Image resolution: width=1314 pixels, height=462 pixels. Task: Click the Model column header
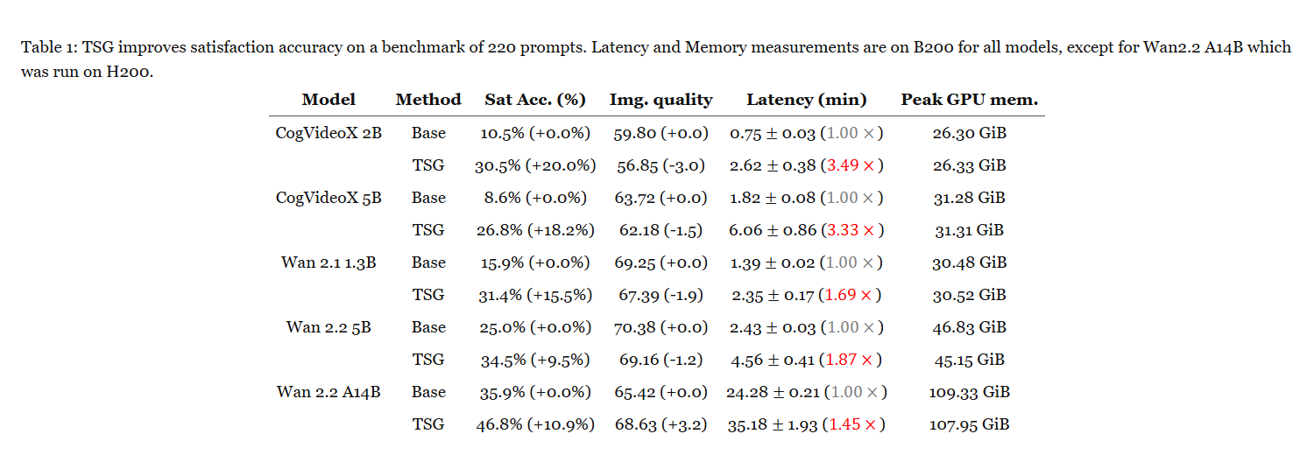328,100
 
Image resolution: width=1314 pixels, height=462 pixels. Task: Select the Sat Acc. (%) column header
535,100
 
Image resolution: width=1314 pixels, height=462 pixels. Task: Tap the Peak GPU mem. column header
969,100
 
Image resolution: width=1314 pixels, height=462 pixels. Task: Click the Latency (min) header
806,100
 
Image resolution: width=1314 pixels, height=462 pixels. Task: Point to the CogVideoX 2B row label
328,133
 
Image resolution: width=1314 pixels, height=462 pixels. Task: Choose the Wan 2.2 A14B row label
328,392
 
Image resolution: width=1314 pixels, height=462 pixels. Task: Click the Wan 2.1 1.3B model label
328,262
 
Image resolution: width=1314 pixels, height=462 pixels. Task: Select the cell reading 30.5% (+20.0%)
535,166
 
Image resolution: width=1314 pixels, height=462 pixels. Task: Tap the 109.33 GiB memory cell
969,392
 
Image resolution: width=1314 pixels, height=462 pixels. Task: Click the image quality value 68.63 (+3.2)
661,424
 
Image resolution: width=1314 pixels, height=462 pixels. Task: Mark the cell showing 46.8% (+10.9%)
535,424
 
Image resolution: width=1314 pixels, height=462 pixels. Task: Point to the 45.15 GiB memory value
969,360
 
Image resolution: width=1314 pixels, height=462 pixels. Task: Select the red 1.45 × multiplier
852,424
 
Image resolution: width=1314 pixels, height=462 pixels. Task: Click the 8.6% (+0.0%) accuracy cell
535,198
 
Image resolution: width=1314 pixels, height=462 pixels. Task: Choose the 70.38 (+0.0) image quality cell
661,328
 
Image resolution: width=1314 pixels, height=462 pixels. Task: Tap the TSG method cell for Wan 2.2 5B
428,360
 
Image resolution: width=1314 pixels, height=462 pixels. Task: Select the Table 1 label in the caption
49,47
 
